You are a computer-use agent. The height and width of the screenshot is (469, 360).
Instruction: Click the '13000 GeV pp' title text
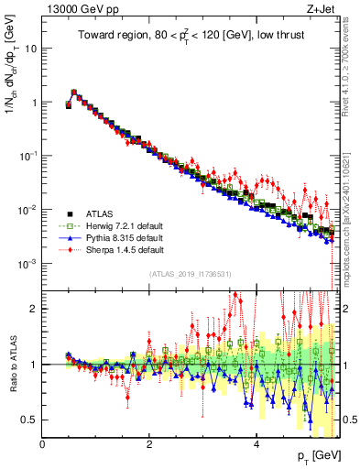point(75,8)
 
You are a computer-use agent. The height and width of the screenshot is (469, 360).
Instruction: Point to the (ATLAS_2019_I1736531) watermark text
point(190,274)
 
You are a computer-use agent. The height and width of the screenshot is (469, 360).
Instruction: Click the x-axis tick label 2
point(149,444)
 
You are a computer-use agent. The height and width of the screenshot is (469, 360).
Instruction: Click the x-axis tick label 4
point(256,444)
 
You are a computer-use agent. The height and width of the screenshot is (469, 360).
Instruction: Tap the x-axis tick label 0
point(43,444)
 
